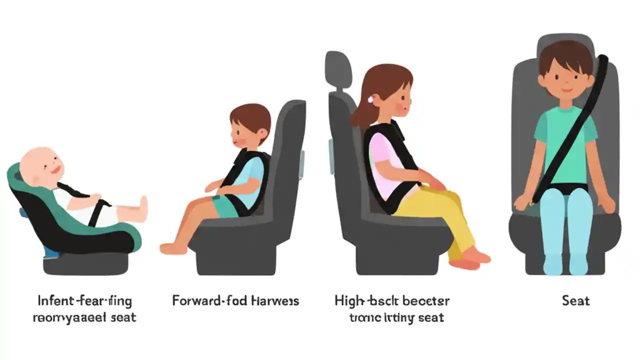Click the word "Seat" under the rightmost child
pos(575,301)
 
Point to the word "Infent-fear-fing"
pos(84,301)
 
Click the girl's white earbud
pos(371,99)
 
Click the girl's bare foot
pos(476,257)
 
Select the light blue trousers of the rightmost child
pos(565,225)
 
